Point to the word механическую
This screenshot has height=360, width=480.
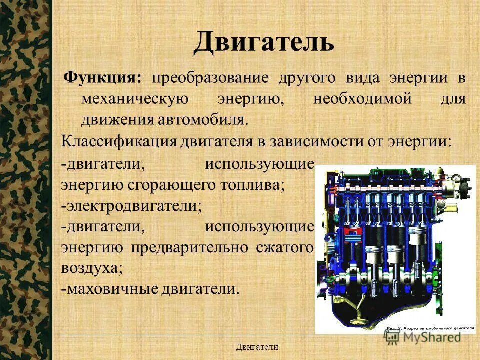tap(134, 99)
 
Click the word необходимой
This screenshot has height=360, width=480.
tap(362, 99)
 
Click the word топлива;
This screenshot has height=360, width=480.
tap(257, 184)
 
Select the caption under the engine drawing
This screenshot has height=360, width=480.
tap(430, 328)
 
